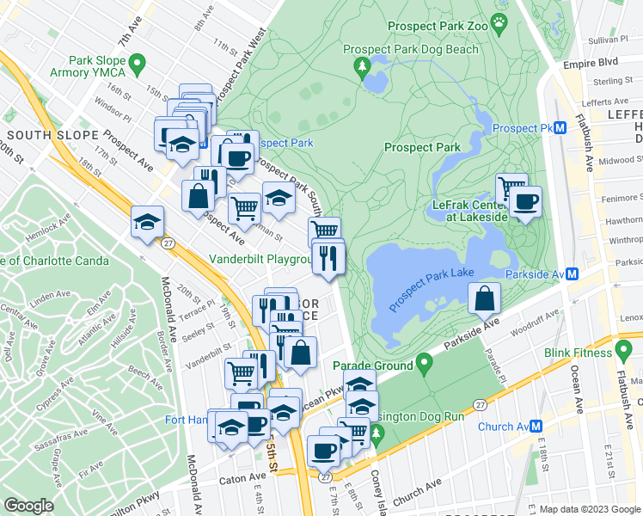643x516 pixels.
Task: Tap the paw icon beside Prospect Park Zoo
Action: (499, 20)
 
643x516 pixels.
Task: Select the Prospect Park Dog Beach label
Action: (411, 50)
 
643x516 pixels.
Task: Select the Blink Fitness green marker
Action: (621, 352)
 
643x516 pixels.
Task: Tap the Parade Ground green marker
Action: (422, 364)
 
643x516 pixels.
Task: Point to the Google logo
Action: (28, 506)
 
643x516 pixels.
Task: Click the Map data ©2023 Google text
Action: (589, 509)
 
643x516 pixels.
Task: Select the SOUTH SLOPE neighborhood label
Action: (42, 136)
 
